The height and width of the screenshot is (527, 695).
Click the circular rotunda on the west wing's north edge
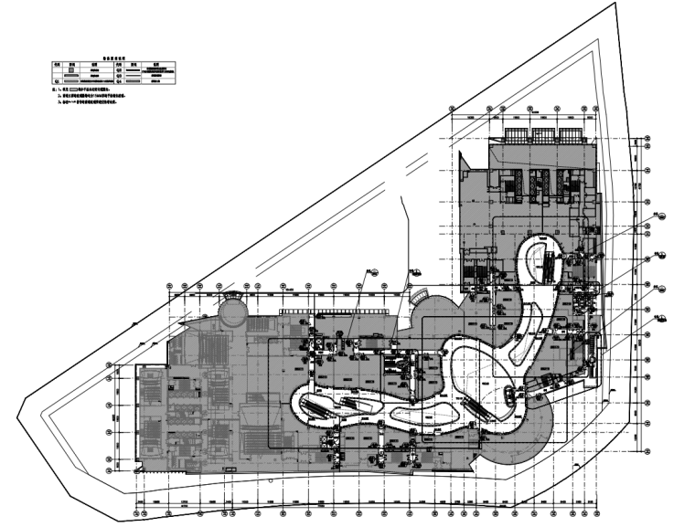click(x=232, y=313)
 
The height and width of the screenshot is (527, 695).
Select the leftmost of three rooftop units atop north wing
click(x=514, y=134)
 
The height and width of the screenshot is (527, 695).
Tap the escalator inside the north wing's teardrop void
click(x=547, y=264)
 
